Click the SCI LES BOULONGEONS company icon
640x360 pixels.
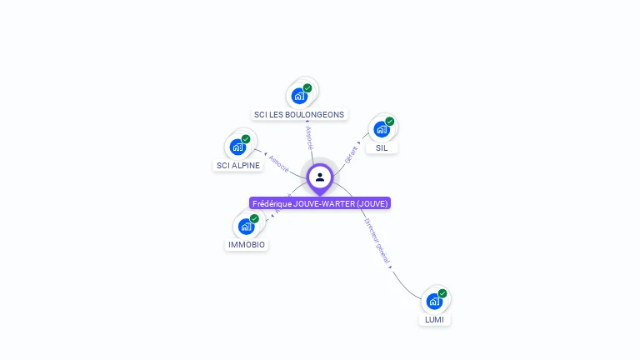tap(300, 96)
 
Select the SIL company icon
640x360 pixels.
tap(382, 129)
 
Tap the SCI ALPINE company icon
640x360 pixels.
tap(238, 147)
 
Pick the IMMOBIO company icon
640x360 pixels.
tap(247, 226)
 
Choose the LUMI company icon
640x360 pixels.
tap(434, 301)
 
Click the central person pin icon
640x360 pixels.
tap(320, 177)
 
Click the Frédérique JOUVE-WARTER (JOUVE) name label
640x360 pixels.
tap(320, 203)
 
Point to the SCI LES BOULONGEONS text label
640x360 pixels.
tap(298, 115)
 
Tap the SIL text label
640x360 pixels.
tap(382, 147)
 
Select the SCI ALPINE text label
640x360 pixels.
tap(238, 166)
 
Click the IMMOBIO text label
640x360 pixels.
tap(247, 245)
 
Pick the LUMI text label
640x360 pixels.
tap(434, 320)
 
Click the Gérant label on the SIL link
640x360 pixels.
tap(351, 153)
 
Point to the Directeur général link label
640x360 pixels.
tap(377, 242)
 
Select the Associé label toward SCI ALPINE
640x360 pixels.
tap(278, 163)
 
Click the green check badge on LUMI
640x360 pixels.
tap(442, 293)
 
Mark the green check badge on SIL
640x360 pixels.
tap(390, 122)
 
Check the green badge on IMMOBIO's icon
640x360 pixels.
tap(254, 218)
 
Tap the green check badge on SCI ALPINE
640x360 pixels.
tap(246, 139)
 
